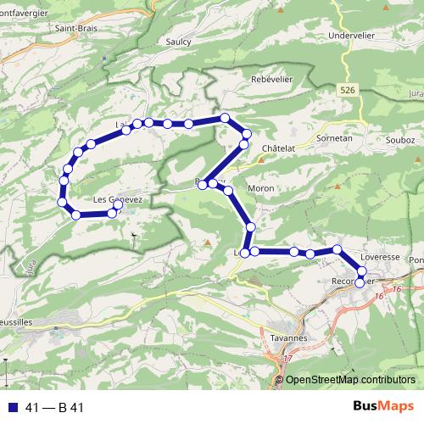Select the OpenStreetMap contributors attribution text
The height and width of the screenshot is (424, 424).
coord(349,379)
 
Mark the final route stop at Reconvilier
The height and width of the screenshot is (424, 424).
coord(360,282)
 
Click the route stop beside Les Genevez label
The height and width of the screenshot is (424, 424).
coord(118,204)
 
